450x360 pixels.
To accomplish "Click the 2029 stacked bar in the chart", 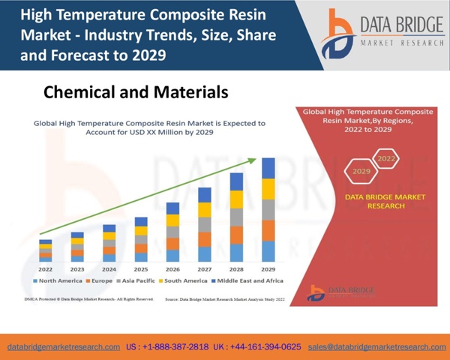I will (268, 209).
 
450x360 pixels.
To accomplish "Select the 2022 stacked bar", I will (46, 250).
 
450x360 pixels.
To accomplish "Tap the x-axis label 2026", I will (172, 268).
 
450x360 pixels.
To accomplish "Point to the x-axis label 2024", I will (109, 268).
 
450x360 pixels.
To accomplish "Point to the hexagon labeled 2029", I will (362, 172).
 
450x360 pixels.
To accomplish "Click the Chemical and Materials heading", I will (135, 92).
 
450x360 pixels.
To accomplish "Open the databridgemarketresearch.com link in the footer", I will (64, 347).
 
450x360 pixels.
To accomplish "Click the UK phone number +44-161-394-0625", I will (257, 347).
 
